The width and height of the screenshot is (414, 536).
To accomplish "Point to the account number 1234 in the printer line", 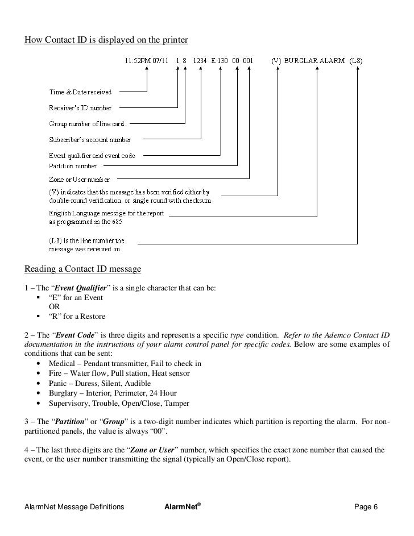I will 201,60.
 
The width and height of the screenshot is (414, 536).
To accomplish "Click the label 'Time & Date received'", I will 80,92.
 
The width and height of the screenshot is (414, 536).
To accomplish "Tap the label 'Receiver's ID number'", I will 80,107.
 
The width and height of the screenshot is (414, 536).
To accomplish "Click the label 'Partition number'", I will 73,166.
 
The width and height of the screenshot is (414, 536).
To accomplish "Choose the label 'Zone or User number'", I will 79,180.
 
